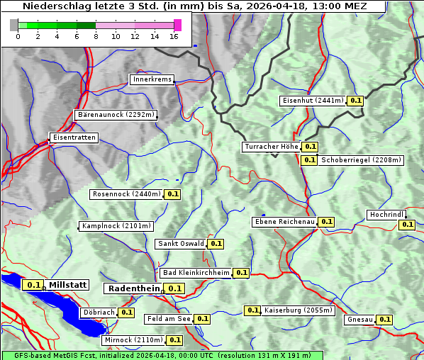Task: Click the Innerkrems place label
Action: (x=152, y=79)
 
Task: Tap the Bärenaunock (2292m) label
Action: (x=115, y=114)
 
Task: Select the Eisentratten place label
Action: (x=73, y=137)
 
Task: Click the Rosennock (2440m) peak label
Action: (x=126, y=193)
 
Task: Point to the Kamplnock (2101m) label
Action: (x=116, y=226)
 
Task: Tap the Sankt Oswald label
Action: (x=181, y=244)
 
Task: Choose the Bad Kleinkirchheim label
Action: (x=196, y=273)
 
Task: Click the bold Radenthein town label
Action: (x=133, y=288)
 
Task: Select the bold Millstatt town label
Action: (x=68, y=285)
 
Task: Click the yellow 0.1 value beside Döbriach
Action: (x=126, y=312)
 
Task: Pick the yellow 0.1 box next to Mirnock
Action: (x=174, y=340)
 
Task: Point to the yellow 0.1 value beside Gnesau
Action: (x=384, y=320)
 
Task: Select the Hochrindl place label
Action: (x=387, y=215)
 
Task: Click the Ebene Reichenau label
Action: (x=284, y=222)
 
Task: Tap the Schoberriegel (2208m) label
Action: (x=362, y=160)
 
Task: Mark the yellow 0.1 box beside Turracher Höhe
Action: (x=310, y=147)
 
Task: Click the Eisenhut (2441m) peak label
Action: (x=313, y=101)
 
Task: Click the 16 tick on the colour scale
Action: (x=174, y=35)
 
